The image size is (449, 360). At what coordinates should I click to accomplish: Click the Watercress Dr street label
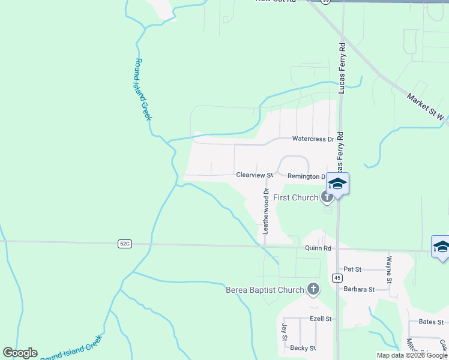(x=313, y=139)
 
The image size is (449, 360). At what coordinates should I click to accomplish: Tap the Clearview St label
(x=255, y=175)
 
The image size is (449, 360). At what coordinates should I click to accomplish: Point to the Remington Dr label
(x=306, y=176)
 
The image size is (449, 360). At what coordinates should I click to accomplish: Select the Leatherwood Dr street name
(x=265, y=211)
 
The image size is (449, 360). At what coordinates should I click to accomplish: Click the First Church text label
(x=295, y=197)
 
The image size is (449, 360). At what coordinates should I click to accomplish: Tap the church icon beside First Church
(x=327, y=196)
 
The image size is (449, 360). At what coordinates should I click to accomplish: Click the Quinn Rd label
(x=318, y=247)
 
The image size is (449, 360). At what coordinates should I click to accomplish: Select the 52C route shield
(x=124, y=244)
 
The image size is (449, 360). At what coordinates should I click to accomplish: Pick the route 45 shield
(x=338, y=277)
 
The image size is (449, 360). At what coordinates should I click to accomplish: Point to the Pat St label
(x=352, y=269)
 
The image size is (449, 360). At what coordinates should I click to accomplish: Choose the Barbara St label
(x=359, y=289)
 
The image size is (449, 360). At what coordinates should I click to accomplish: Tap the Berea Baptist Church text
(x=265, y=290)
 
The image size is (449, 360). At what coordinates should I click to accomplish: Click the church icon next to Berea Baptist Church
(x=313, y=290)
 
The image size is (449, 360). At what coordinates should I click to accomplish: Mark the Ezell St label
(x=321, y=319)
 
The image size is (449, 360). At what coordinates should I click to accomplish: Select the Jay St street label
(x=285, y=331)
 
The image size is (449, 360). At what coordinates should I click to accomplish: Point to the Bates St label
(x=430, y=322)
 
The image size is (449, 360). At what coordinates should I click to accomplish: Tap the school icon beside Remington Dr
(x=337, y=184)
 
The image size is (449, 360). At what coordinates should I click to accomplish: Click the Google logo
(x=20, y=353)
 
